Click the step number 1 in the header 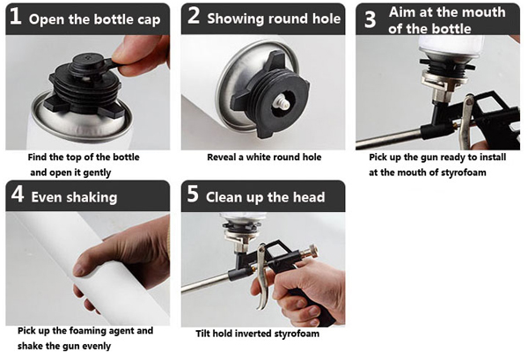[16, 17]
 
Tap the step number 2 [194, 16]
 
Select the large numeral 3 [370, 19]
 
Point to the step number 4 [18, 194]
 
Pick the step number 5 [193, 194]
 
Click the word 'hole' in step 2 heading [326, 18]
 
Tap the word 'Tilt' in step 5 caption [203, 334]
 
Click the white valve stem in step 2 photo [281, 101]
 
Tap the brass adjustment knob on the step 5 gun [311, 251]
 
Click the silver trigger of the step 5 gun [263, 276]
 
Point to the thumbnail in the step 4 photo [78, 269]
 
